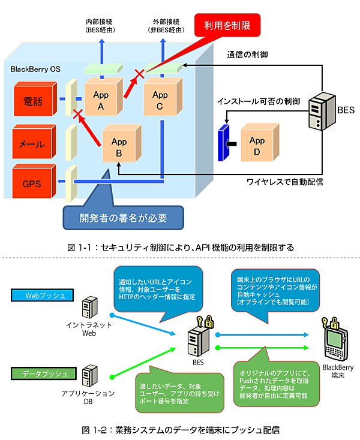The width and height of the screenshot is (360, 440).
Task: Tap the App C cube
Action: click(160, 95)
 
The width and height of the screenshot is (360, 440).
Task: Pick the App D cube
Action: click(256, 145)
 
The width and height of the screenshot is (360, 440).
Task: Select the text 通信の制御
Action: click(247, 54)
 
